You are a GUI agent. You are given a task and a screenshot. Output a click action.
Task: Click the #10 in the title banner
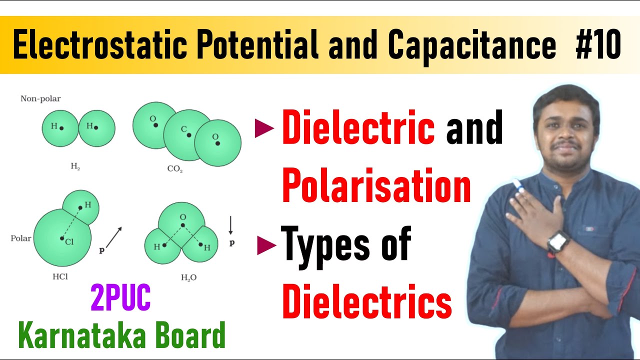598,45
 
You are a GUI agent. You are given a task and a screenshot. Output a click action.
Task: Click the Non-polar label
40,98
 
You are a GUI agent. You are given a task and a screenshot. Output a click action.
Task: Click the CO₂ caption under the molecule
175,169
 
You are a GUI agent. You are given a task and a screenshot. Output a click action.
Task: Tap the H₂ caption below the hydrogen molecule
75,167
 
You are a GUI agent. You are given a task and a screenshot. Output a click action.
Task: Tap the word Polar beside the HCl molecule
21,238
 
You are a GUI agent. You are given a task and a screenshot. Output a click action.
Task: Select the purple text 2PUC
120,299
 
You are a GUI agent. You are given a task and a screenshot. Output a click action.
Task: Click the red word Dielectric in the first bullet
358,128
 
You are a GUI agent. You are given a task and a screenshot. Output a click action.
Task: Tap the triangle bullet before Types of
267,245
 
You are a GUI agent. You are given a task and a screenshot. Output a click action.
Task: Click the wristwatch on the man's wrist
558,242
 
